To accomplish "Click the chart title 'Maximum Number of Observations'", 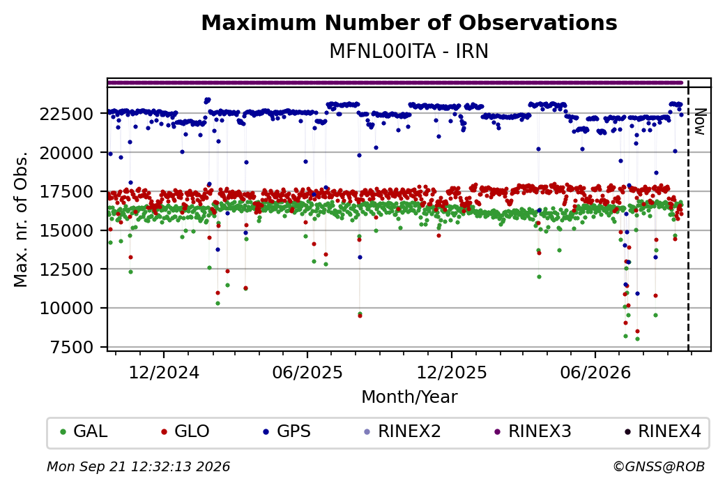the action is pos(409,22).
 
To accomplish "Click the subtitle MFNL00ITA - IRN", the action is pos(409,52).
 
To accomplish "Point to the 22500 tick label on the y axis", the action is pos(67,114).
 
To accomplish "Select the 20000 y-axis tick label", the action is pos(67,153).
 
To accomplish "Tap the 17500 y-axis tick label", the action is pos(67,192).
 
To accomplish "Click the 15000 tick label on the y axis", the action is pos(67,230).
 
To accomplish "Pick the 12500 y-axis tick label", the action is pos(67,269).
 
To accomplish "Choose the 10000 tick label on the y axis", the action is pos(67,309).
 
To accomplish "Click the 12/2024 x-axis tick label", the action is pos(164,373).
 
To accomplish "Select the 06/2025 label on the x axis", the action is pos(307,373).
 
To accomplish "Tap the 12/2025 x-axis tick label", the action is pos(452,373).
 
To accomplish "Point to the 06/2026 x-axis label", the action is pos(595,373).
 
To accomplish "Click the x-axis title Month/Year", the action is pos(409,397).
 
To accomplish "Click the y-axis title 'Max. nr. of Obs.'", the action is pos(21,219).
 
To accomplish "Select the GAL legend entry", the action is pos(84,431).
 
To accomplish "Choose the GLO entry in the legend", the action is pos(186,431).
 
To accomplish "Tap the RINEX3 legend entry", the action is pos(533,431).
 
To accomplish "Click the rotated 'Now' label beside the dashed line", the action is pos(701,121).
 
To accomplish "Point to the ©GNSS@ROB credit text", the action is pos(659,466).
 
